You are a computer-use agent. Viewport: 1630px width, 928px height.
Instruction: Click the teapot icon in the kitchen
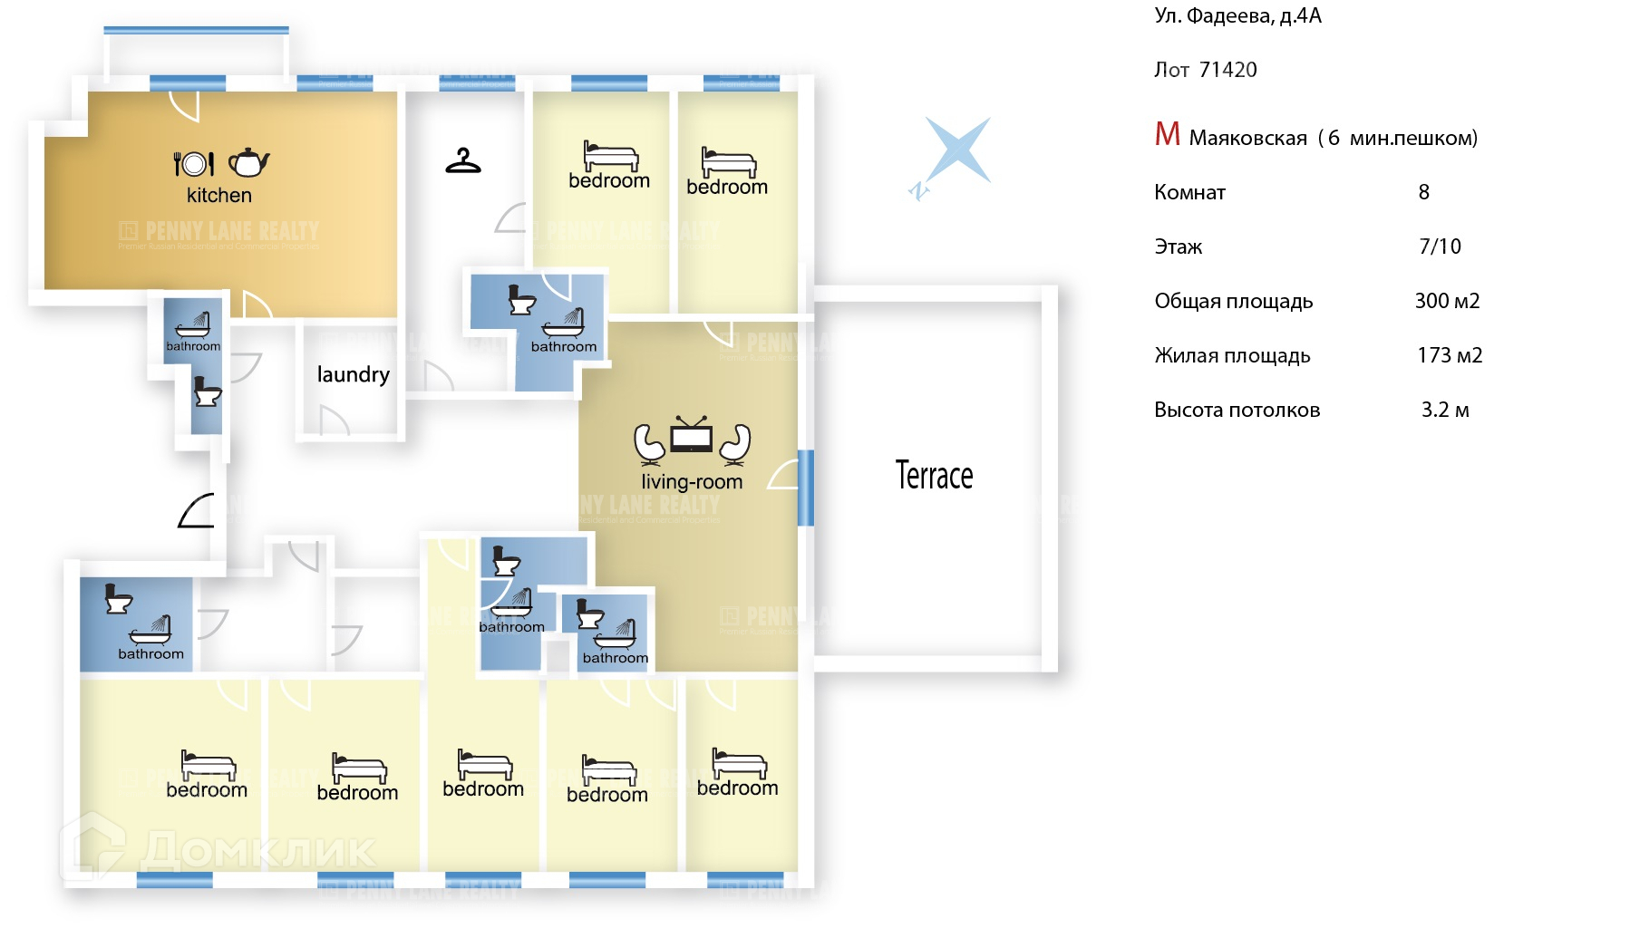pos(248,162)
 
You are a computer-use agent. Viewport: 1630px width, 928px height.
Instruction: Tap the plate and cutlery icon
pos(194,163)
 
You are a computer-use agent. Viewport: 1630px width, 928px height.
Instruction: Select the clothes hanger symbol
pos(463,161)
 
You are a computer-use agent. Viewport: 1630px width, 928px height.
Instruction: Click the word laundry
pos(353,374)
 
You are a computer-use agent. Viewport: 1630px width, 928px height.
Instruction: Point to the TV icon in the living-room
pos(691,436)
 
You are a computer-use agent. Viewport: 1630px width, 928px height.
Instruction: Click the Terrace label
pos(934,476)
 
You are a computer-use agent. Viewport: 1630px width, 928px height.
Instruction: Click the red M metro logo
pos(1167,135)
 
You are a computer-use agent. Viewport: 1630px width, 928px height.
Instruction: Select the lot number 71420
pos(1227,70)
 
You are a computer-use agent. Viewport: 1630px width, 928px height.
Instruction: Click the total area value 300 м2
pos(1447,301)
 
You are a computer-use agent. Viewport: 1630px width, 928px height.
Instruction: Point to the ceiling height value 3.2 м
pos(1445,410)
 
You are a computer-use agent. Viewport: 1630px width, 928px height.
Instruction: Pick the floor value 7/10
pos(1440,246)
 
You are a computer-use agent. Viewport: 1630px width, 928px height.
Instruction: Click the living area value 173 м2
pos(1449,355)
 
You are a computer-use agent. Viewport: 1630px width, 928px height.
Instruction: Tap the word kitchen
pos(219,195)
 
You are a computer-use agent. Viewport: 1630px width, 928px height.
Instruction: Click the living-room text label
pos(692,482)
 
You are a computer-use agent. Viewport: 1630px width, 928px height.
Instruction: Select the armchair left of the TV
pos(649,443)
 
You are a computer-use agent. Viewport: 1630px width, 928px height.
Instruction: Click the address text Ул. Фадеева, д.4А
pos(1237,15)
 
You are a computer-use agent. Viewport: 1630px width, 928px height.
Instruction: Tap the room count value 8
pos(1423,192)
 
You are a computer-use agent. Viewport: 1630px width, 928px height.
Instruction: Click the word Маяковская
pos(1247,138)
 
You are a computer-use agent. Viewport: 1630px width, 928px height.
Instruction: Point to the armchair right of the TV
pos(735,443)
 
